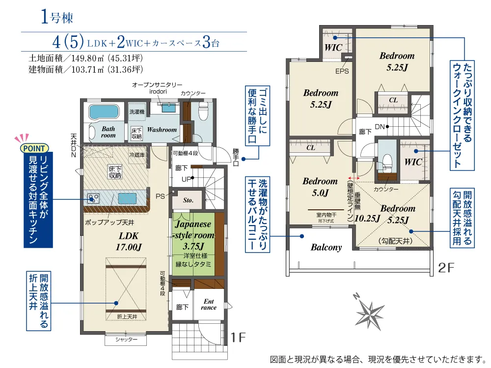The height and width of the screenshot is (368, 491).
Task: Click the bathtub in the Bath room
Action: pos(104,112)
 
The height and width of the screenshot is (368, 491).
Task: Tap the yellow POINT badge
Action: pos(34,148)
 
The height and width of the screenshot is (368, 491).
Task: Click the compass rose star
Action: pos(370,314)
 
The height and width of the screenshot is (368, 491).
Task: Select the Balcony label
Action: pos(327,247)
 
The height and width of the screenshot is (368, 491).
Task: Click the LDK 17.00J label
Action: pos(129,241)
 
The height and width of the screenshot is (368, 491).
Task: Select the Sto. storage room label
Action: pos(188,200)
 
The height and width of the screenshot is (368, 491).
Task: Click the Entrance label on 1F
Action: pos(209,304)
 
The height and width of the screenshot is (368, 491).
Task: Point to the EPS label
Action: pos(342,71)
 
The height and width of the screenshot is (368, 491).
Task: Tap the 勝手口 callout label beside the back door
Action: pos(236,157)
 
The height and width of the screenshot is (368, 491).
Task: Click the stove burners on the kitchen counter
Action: pos(93,198)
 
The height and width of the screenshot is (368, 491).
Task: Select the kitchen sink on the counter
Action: pos(127,198)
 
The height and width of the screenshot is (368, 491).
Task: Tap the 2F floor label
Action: pos(446,268)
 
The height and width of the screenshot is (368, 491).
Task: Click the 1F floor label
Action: pos(238,338)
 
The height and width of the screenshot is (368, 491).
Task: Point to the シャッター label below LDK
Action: pos(126,340)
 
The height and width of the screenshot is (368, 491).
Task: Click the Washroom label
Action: pos(162,129)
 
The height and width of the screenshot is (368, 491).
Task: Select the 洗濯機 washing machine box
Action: pos(137,112)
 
